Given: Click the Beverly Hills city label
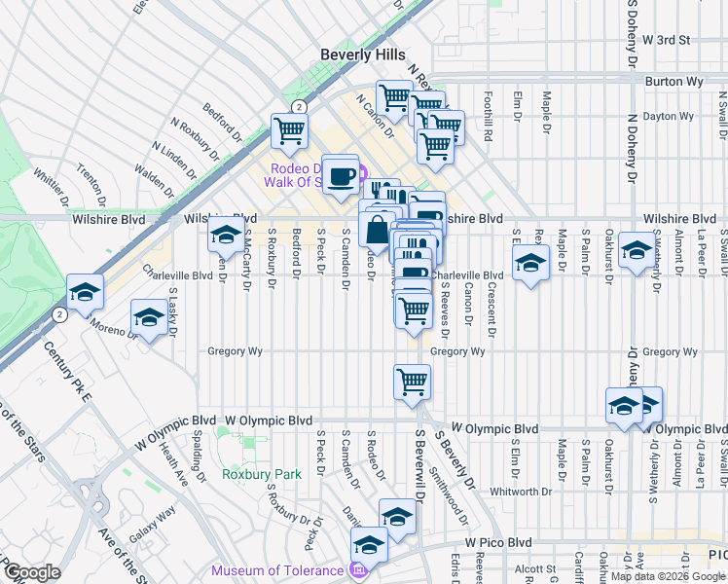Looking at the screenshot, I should (x=363, y=55).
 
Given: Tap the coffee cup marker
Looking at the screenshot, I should (x=340, y=176).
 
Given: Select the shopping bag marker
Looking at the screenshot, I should (x=377, y=232).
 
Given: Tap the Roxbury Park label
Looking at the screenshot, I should (x=260, y=474).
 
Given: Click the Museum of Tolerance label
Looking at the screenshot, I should (x=277, y=570).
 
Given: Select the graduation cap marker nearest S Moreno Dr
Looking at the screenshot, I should (x=149, y=318).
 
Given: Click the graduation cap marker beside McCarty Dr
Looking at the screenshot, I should (x=226, y=236).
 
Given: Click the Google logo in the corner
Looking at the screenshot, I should (x=32, y=572).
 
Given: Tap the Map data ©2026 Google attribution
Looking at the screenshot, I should (x=668, y=576).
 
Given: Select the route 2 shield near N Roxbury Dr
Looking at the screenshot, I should (x=299, y=106).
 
